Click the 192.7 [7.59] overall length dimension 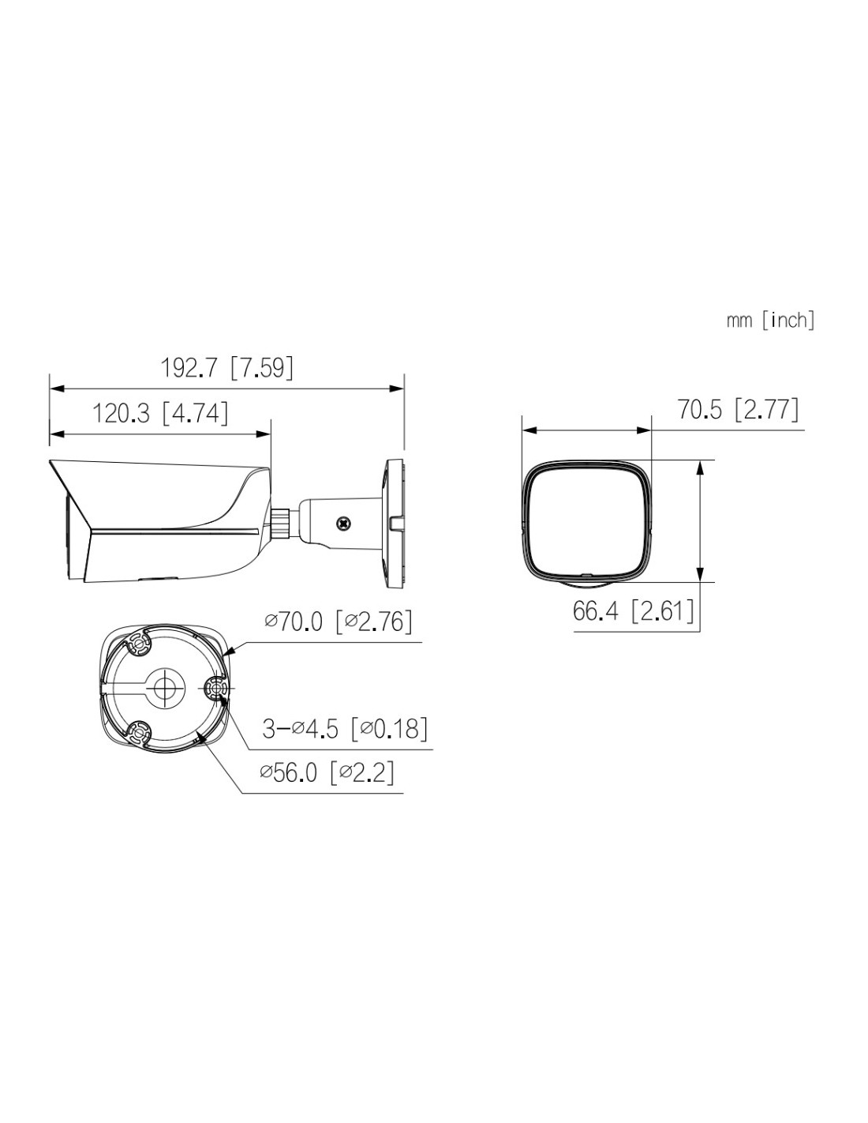coord(226,368)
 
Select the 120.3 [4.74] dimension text coord(159,414)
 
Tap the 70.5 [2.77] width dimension coord(738,410)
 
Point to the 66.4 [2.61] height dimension coord(633,611)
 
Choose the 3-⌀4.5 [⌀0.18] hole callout coord(345,729)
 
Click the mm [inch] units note coord(770,321)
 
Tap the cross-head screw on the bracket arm coord(342,523)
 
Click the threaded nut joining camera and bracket coord(280,523)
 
